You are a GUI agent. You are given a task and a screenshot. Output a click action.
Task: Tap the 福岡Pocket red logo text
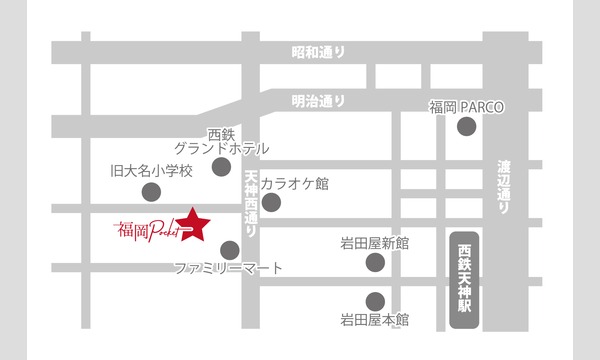coord(145,230)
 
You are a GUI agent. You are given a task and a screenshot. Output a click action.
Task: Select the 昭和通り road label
coord(317,52)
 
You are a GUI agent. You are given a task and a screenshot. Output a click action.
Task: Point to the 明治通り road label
coord(317,100)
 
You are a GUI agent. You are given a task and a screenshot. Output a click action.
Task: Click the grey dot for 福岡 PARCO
coord(466,126)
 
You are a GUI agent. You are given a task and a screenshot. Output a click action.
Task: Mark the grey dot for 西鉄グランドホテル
coord(221,166)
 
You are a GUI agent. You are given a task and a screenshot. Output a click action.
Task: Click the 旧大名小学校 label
coord(150,170)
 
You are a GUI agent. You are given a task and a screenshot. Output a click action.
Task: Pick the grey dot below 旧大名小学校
coord(151,191)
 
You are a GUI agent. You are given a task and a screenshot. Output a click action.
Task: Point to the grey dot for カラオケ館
coord(271,202)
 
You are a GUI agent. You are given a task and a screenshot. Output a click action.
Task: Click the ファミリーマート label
coord(228,269)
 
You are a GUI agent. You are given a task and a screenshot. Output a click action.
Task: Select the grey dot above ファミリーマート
coord(229,249)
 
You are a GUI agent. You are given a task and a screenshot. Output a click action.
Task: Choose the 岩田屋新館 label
coord(375,243)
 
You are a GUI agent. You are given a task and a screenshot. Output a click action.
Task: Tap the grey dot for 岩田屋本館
coord(375,300)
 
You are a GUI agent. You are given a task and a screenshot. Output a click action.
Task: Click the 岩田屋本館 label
coord(375,321)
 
